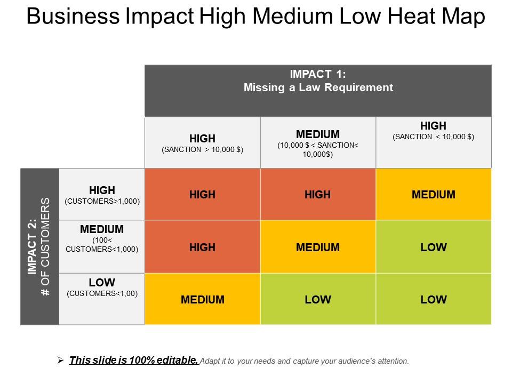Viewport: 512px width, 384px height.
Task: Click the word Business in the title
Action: [x=72, y=17]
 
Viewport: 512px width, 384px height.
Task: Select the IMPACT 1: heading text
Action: [x=318, y=74]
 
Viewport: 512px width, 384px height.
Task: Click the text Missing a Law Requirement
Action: [x=318, y=87]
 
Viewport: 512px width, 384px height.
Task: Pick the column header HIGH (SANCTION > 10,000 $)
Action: [x=202, y=143]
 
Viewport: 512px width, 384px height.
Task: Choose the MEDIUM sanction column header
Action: [x=318, y=143]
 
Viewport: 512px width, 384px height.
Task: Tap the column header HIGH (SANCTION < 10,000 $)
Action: [x=433, y=131]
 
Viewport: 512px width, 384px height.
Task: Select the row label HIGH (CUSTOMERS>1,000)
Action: [x=102, y=195]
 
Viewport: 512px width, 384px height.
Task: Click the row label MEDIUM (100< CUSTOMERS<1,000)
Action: [x=102, y=238]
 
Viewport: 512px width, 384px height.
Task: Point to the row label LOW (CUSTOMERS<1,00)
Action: [x=102, y=287]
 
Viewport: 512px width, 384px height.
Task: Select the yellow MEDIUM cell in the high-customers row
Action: [x=433, y=195]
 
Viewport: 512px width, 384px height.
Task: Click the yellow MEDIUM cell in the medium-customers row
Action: [x=318, y=247]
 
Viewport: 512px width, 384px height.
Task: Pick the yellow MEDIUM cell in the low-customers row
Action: [x=202, y=299]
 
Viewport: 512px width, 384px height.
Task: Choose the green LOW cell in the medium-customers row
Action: [x=433, y=247]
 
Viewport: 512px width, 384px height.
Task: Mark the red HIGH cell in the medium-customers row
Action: [x=202, y=247]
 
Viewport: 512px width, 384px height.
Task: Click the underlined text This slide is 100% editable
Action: [x=134, y=361]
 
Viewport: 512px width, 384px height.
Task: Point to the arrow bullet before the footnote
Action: [x=60, y=361]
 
